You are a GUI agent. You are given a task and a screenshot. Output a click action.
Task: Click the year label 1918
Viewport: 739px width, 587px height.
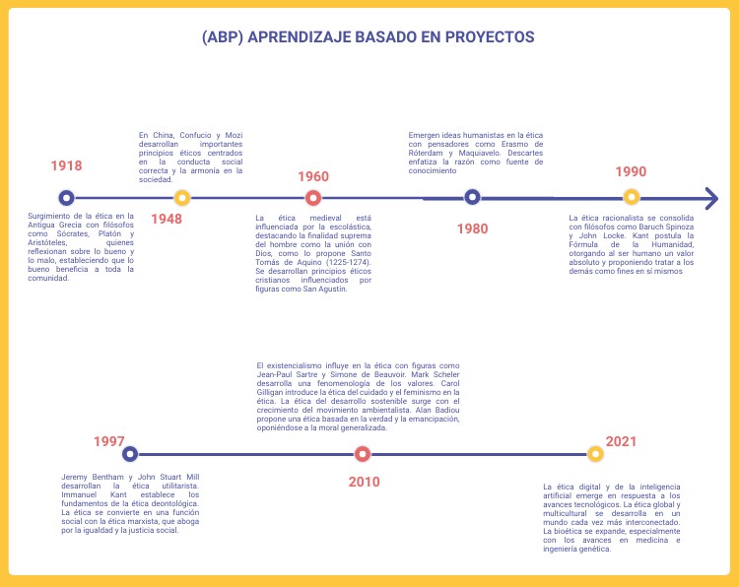click(x=67, y=166)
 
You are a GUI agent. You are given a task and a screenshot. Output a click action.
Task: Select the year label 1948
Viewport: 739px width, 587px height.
click(x=167, y=219)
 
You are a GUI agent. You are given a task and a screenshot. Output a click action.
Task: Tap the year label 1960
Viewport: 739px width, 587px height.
click(x=313, y=176)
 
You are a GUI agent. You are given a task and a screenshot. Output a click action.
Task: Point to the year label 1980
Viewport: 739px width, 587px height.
click(x=472, y=228)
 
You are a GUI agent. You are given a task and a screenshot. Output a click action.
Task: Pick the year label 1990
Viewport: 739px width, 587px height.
click(x=631, y=171)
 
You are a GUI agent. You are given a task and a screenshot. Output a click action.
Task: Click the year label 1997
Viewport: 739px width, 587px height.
click(x=109, y=441)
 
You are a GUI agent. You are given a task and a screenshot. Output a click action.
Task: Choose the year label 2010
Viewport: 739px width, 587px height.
click(x=364, y=482)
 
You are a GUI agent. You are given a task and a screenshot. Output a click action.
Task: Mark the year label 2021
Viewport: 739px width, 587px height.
click(x=622, y=441)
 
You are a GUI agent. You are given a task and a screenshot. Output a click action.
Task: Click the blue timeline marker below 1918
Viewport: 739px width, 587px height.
click(x=66, y=197)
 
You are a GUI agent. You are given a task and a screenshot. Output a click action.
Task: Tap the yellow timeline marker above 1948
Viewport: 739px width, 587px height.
click(x=181, y=197)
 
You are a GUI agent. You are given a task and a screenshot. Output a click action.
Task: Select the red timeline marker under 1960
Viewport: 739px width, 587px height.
click(x=313, y=197)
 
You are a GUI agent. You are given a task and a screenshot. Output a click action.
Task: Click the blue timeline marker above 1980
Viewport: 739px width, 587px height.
click(x=472, y=197)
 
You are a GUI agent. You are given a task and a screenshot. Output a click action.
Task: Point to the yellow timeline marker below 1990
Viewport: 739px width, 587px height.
click(x=632, y=197)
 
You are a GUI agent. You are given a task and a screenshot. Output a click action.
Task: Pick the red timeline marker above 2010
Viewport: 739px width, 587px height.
click(x=363, y=454)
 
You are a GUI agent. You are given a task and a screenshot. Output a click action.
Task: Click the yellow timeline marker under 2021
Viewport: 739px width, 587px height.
click(x=595, y=454)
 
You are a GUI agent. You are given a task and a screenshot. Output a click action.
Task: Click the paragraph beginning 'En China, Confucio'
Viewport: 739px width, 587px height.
click(x=190, y=157)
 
